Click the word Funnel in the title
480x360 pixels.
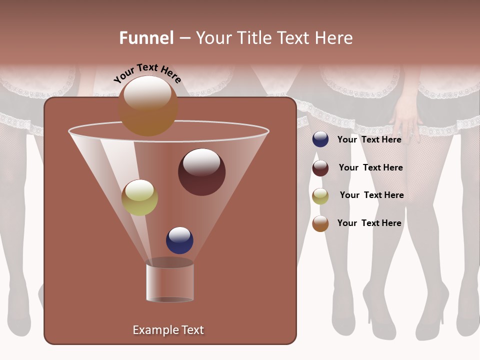tap(146, 38)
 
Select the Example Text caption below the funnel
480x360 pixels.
tap(168, 330)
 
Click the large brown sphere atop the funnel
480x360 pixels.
tap(148, 106)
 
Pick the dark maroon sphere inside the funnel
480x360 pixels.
tap(202, 172)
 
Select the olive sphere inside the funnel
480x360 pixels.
tap(139, 197)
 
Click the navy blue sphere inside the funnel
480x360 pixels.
tap(179, 240)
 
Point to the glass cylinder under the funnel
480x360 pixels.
tap(170, 281)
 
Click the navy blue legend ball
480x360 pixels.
tap(320, 139)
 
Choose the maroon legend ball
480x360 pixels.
tap(320, 168)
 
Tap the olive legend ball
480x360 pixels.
tap(320, 196)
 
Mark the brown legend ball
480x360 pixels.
tap(320, 223)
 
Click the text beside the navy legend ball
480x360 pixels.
tap(369, 139)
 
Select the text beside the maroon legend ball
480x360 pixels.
tap(370, 167)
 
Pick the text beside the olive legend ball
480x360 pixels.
tap(371, 195)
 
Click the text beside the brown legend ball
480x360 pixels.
tap(369, 223)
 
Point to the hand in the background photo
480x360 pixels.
tap(406, 117)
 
